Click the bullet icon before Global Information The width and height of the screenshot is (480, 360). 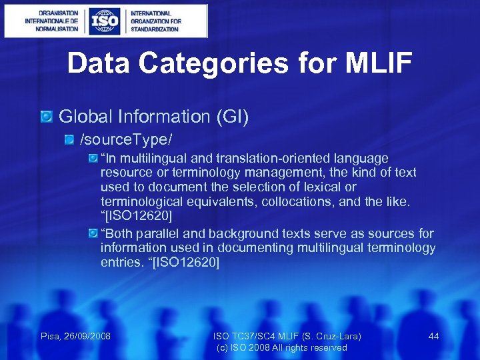(47, 117)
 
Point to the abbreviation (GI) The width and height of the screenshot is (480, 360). (231, 117)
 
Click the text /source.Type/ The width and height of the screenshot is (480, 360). (126, 140)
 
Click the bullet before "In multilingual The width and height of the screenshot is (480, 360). (93, 159)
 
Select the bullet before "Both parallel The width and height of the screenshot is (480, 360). (93, 233)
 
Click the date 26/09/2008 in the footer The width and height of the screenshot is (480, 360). (87, 336)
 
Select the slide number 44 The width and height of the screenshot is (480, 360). (433, 336)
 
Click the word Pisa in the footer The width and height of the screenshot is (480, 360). (51, 336)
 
